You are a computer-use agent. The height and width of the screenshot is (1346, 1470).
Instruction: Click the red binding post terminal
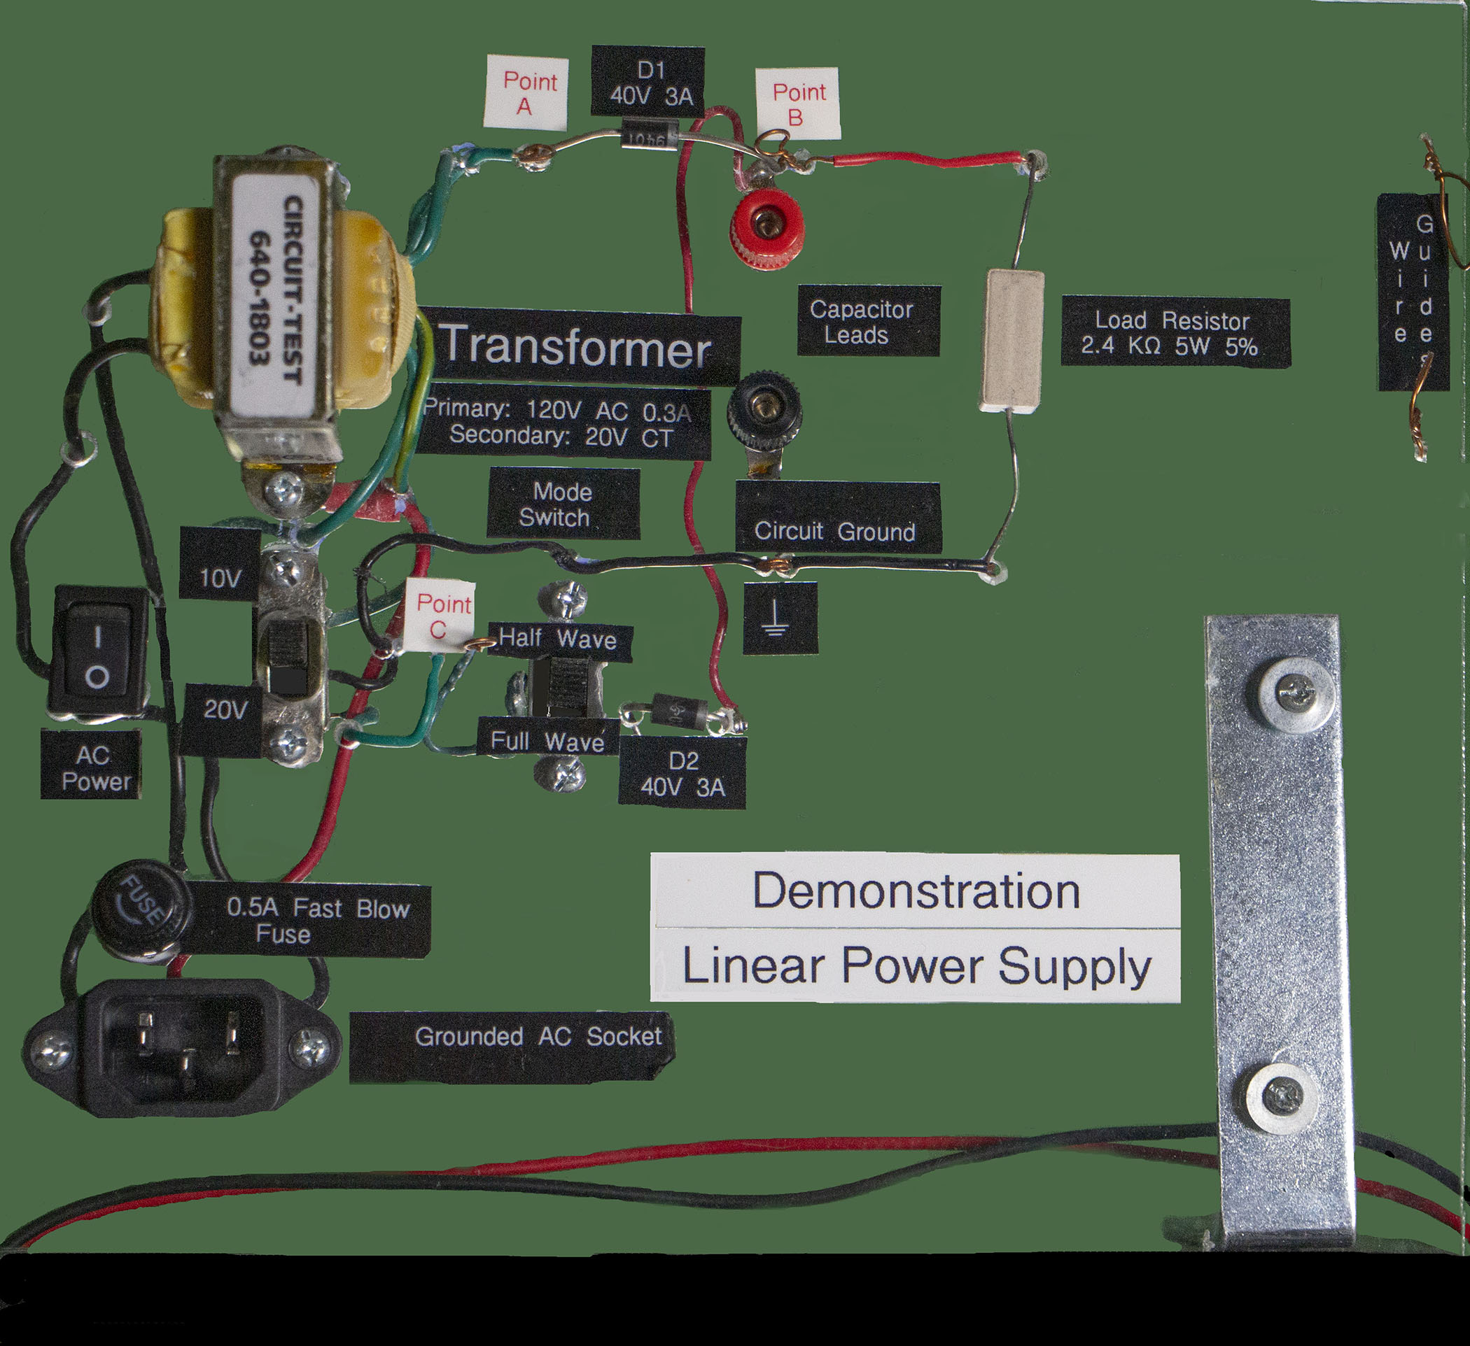click(x=766, y=227)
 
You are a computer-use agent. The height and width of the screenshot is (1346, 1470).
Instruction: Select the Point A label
click(x=526, y=92)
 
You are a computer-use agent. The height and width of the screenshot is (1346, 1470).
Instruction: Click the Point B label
click(x=798, y=103)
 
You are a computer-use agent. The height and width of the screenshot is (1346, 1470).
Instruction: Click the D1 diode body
click(x=650, y=137)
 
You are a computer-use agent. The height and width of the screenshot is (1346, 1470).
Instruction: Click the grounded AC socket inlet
click(x=182, y=1047)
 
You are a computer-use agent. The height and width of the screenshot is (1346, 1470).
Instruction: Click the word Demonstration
click(x=915, y=891)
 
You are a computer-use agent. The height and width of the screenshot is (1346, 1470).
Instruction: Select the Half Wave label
click(x=558, y=639)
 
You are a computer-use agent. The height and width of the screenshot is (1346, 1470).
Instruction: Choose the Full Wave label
click(x=547, y=742)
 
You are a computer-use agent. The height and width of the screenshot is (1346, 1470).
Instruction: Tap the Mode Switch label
click(x=561, y=504)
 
